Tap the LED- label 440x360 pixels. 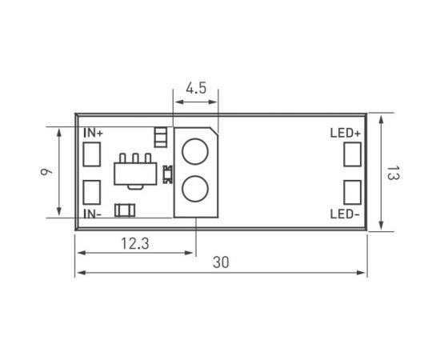pyautogui.click(x=345, y=214)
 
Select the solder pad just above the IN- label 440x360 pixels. pyautogui.click(x=92, y=191)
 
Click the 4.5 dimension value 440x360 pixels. pyautogui.click(x=196, y=89)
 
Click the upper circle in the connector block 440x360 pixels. pyautogui.click(x=194, y=151)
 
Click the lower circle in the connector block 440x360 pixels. pyautogui.click(x=194, y=190)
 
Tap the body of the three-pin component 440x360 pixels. pyautogui.click(x=134, y=173)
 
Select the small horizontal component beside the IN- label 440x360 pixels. pyautogui.click(x=124, y=210)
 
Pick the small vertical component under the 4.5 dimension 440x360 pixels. pyautogui.click(x=161, y=136)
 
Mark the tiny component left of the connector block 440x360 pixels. pyautogui.click(x=167, y=172)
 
